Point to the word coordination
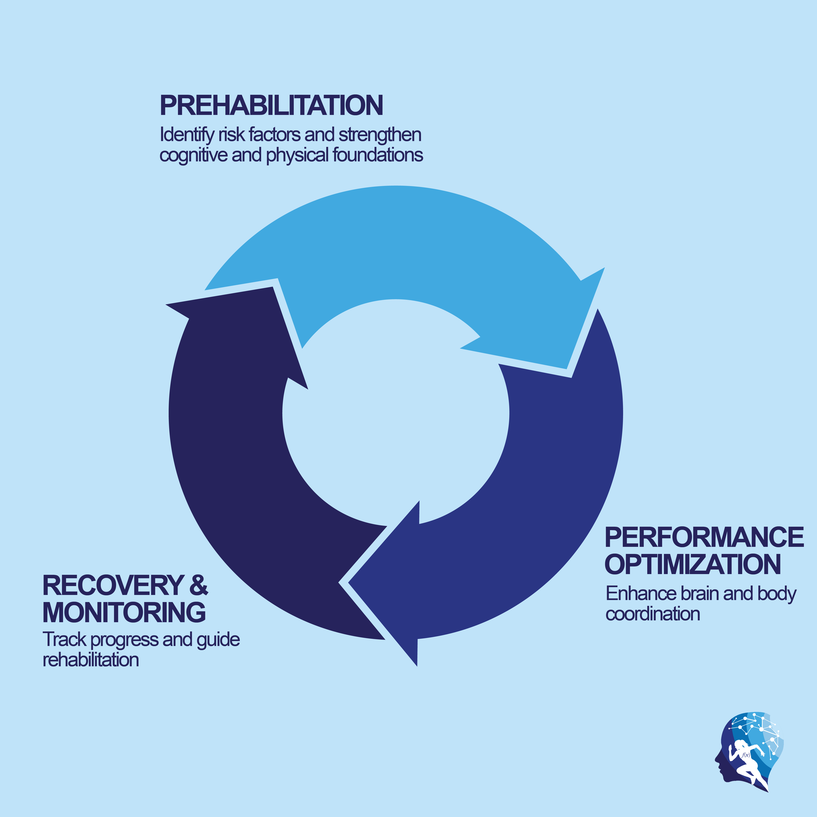coord(653,614)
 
